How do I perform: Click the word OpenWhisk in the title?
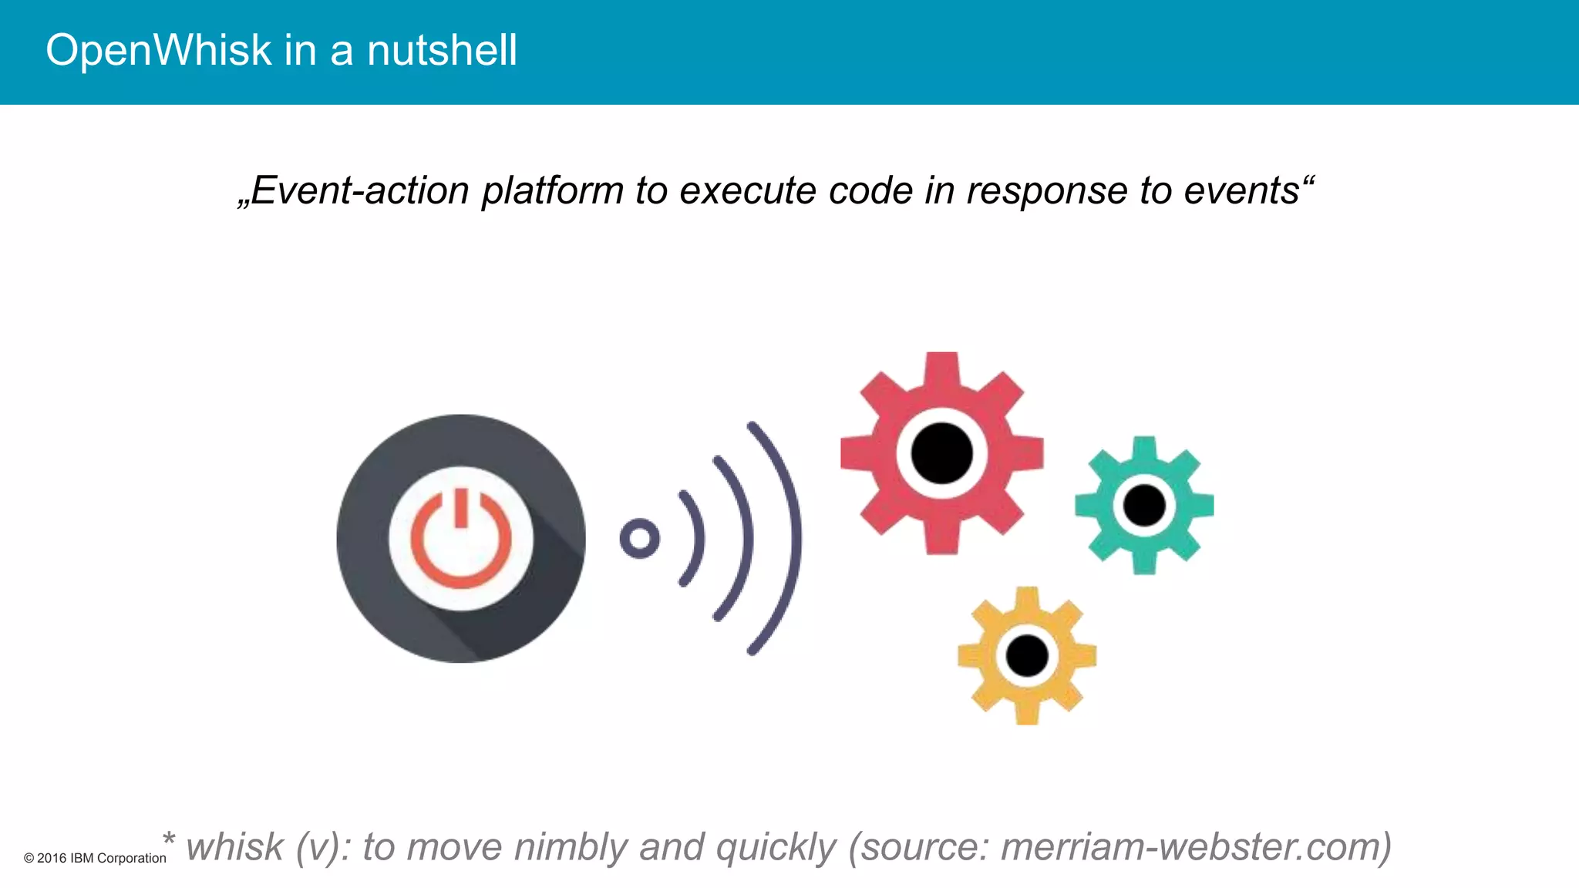pyautogui.click(x=158, y=51)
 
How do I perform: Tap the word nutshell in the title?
pyautogui.click(x=442, y=51)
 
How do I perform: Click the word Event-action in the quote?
pyautogui.click(x=359, y=190)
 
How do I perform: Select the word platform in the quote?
pyautogui.click(x=552, y=190)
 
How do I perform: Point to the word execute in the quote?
pyautogui.click(x=747, y=190)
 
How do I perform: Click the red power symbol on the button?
pyautogui.click(x=461, y=540)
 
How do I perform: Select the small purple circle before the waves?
pyautogui.click(x=639, y=538)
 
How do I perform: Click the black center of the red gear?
pyautogui.click(x=941, y=453)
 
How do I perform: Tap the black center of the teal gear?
pyautogui.click(x=1144, y=506)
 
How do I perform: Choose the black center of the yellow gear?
pyautogui.click(x=1027, y=656)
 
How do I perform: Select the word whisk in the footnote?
pyautogui.click(x=234, y=846)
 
